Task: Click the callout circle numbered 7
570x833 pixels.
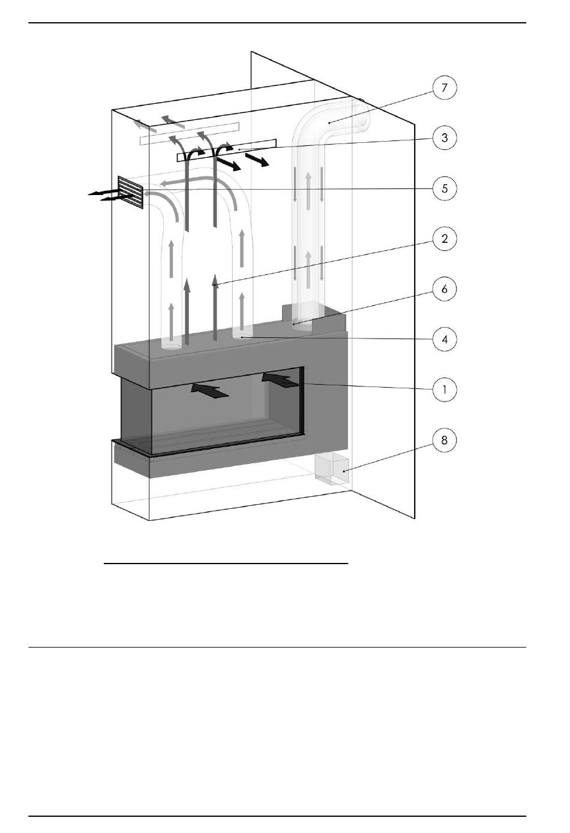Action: pos(445,88)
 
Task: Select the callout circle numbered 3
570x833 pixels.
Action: pos(445,138)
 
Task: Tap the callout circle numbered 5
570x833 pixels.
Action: pos(445,188)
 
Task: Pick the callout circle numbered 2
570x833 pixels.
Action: pos(445,239)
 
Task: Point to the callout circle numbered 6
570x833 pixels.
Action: pos(445,289)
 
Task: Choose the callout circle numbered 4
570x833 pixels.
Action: pos(445,339)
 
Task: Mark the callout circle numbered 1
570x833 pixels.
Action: pos(445,389)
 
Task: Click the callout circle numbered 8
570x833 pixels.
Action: pos(445,441)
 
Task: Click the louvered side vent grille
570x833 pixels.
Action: pos(131,192)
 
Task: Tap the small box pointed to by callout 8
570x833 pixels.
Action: pos(332,469)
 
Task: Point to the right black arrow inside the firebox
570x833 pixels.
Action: pos(280,381)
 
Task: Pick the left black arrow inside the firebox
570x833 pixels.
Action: pos(210,391)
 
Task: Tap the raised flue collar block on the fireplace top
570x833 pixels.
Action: pos(314,318)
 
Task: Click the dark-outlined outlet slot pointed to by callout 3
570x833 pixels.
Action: pos(227,150)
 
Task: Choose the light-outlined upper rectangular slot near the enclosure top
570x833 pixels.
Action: pos(189,133)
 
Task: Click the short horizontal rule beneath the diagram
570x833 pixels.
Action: pos(226,564)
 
